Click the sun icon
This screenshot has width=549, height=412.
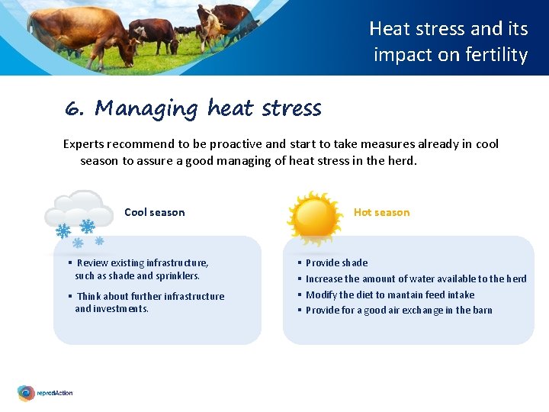[313, 218]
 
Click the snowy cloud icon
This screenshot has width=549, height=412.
[76, 217]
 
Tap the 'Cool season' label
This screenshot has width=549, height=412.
[154, 212]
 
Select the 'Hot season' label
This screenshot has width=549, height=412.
[381, 212]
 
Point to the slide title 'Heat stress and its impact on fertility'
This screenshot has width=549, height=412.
[449, 41]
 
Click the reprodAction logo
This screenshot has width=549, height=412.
[46, 393]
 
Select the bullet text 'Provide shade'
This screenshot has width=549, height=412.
[336, 262]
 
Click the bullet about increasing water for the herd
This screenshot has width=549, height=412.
[416, 278]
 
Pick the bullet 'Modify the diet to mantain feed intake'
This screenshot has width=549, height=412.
[390, 295]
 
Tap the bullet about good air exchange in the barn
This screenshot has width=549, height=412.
[399, 310]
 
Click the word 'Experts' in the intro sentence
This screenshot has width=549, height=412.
[83, 143]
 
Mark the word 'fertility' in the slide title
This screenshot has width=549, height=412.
[499, 55]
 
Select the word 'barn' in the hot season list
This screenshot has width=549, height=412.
[482, 310]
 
